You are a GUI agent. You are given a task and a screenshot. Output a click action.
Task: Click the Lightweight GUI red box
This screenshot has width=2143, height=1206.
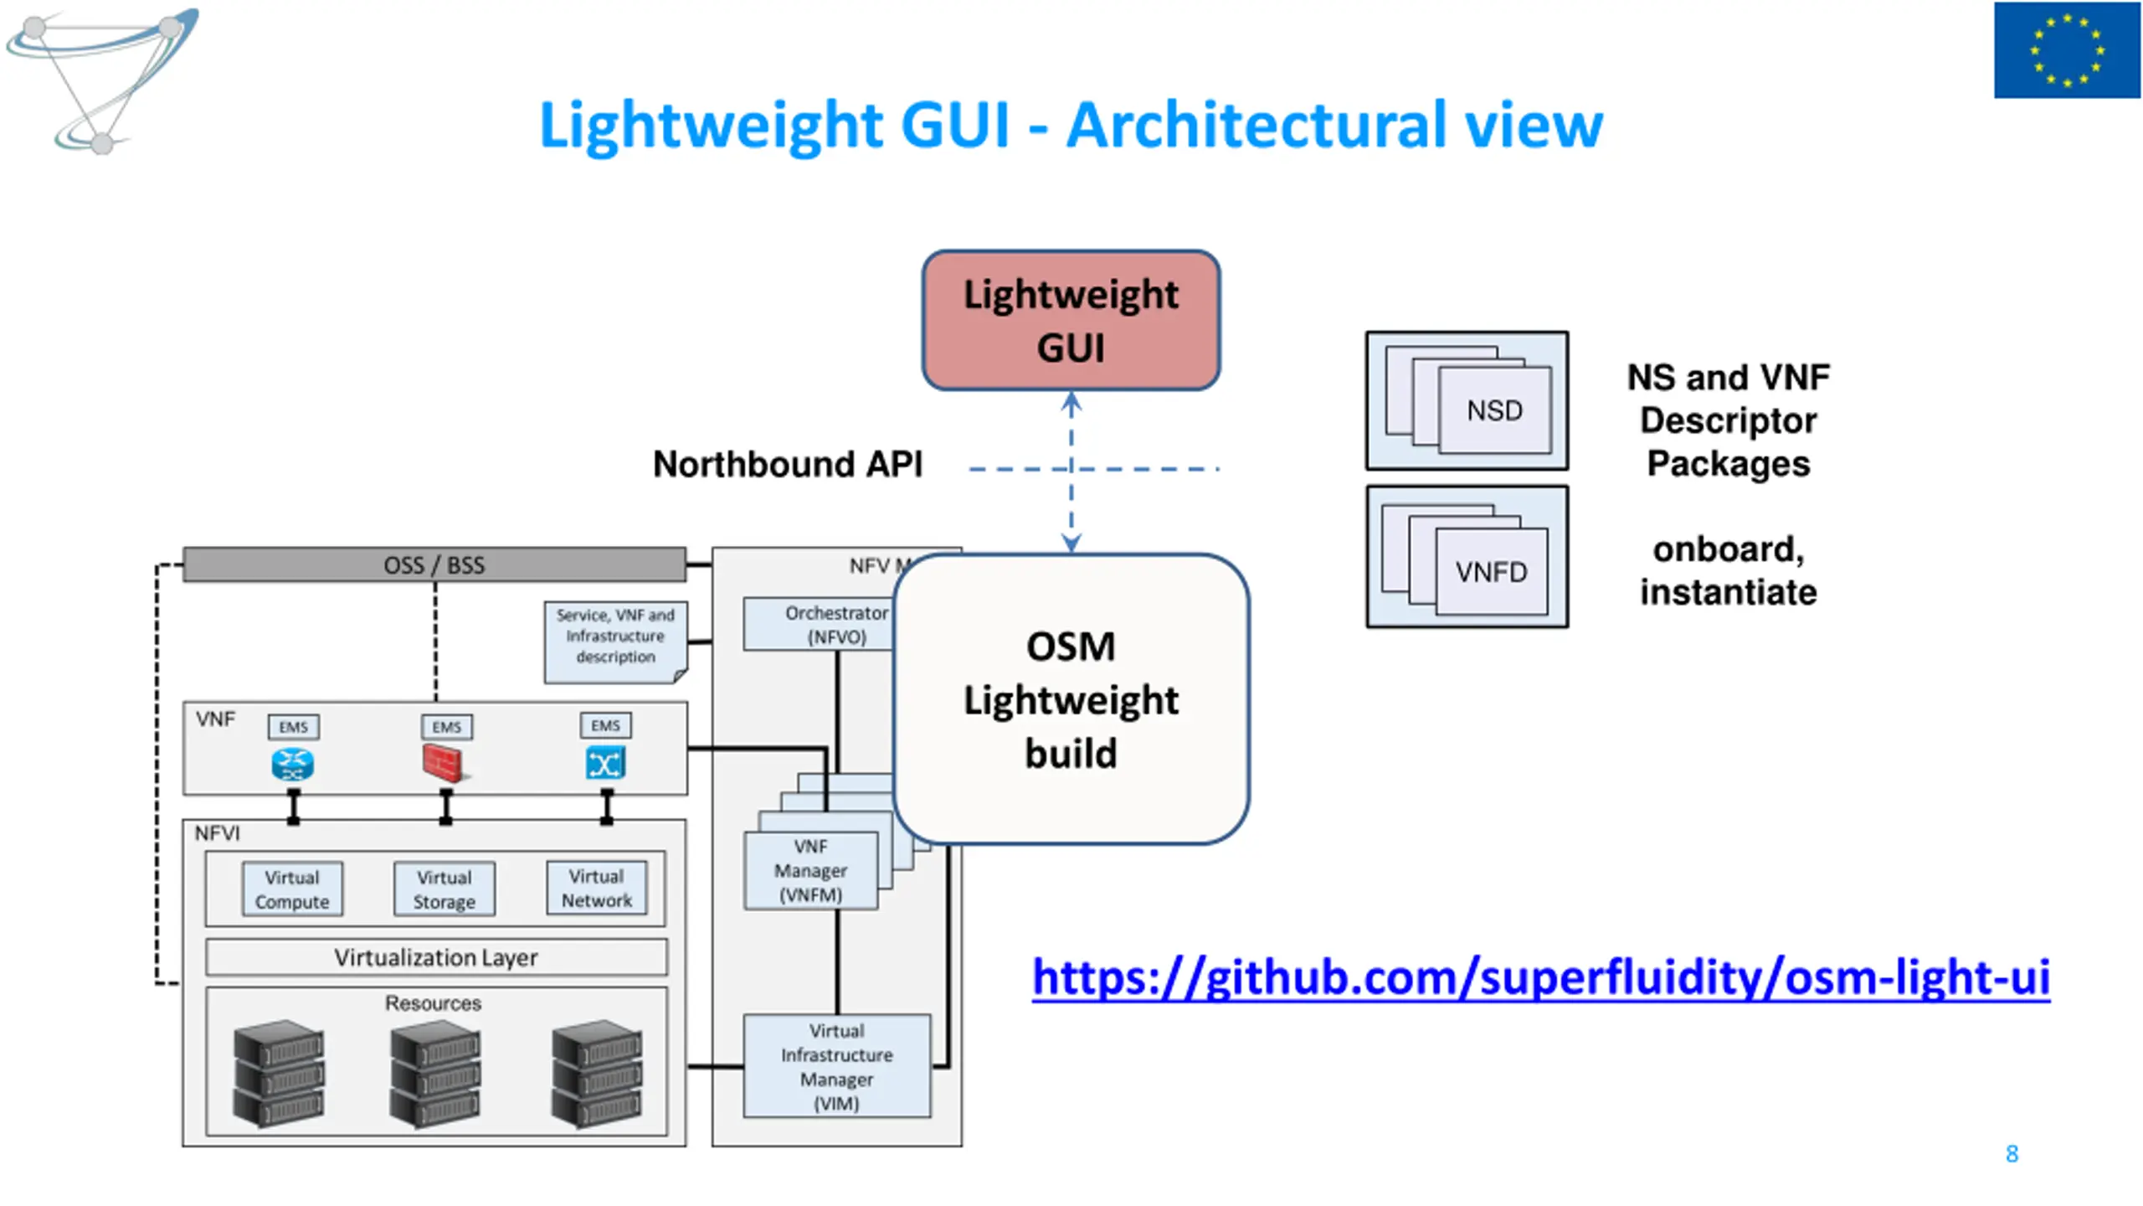pyautogui.click(x=1071, y=320)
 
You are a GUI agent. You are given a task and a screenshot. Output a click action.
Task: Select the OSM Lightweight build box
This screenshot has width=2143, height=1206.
pyautogui.click(x=1071, y=699)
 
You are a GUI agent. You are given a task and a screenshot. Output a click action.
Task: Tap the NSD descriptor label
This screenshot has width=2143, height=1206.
pyautogui.click(x=1494, y=410)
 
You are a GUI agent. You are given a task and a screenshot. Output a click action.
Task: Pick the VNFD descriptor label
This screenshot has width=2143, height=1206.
pyautogui.click(x=1491, y=572)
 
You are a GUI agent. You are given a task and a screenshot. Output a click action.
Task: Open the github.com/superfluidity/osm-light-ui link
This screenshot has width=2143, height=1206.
pyautogui.click(x=1540, y=977)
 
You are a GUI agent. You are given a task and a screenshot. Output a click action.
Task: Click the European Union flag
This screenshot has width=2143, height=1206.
pyautogui.click(x=2067, y=50)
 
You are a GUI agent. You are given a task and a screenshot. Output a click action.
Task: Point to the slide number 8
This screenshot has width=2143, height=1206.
pyautogui.click(x=2012, y=1154)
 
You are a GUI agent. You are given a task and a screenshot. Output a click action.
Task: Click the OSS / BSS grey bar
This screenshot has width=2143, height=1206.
pyautogui.click(x=434, y=564)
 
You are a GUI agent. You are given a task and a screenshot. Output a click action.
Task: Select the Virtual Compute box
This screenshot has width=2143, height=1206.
pyautogui.click(x=292, y=889)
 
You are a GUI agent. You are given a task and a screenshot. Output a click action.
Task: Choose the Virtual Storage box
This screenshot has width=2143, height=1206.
pyautogui.click(x=445, y=889)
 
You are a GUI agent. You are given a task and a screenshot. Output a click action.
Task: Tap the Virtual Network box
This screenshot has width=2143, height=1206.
pyautogui.click(x=597, y=888)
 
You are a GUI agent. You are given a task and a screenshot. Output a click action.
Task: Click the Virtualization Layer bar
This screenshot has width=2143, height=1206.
pyautogui.click(x=436, y=957)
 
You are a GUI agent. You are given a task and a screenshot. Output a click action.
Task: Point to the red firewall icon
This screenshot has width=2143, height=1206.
pyautogui.click(x=444, y=763)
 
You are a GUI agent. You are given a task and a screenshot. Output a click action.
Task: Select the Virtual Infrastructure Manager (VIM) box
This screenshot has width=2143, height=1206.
pyautogui.click(x=837, y=1066)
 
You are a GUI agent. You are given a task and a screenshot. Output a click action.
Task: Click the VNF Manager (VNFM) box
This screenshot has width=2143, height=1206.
pyautogui.click(x=810, y=870)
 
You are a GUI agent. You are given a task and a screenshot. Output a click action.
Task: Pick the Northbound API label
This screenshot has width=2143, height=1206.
pyautogui.click(x=788, y=464)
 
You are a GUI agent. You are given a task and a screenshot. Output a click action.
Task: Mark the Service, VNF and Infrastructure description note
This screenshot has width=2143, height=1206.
pyautogui.click(x=616, y=642)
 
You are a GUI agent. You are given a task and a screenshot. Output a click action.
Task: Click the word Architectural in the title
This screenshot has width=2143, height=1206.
pyautogui.click(x=1257, y=125)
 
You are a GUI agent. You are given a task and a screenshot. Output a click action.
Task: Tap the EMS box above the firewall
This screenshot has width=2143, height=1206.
pyautogui.click(x=447, y=726)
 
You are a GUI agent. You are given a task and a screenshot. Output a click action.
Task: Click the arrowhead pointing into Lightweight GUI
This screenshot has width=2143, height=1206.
pyautogui.click(x=1071, y=403)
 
